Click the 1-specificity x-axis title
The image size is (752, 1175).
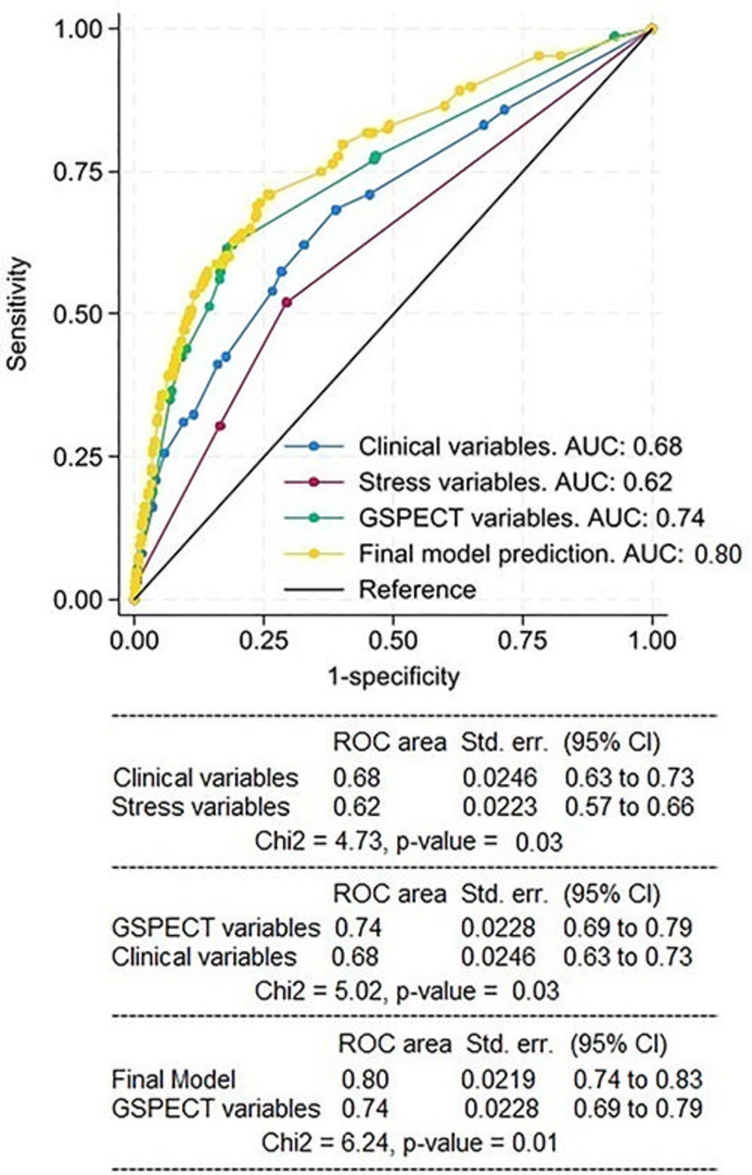393,678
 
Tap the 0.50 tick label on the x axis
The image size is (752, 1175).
393,639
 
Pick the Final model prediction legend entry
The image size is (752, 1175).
549,555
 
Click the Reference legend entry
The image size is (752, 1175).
418,588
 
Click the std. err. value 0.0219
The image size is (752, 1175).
492,1080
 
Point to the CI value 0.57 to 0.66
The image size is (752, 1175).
628,807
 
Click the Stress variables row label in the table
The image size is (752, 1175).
201,807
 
